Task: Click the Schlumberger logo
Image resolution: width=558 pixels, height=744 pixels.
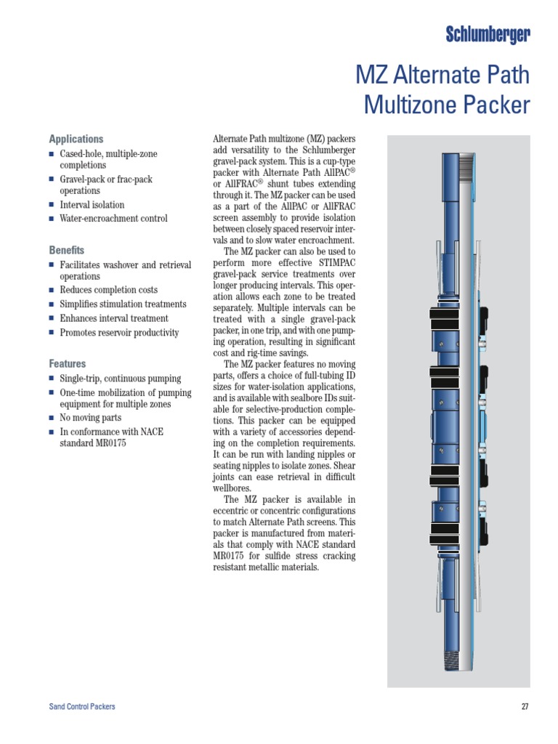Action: click(x=488, y=33)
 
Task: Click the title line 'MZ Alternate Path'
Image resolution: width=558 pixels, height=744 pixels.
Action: click(x=442, y=76)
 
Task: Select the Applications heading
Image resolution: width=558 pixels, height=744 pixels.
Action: click(x=76, y=139)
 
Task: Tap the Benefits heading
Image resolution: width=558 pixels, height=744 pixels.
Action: click(x=67, y=250)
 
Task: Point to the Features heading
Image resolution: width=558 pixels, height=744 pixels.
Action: click(x=68, y=363)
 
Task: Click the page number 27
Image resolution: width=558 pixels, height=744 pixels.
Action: click(x=525, y=706)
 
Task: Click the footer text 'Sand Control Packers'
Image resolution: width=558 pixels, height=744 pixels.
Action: click(x=82, y=706)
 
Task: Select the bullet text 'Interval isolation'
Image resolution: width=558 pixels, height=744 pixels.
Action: click(x=92, y=205)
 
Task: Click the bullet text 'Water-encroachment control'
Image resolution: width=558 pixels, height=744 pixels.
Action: click(x=113, y=219)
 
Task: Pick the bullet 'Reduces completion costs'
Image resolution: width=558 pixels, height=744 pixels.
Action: click(x=108, y=291)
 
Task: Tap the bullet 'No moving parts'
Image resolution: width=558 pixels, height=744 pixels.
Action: click(x=91, y=418)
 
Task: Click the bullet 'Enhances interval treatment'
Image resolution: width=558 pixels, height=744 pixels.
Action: click(x=114, y=318)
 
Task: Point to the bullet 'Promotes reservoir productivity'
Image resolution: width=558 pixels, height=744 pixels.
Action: click(x=119, y=333)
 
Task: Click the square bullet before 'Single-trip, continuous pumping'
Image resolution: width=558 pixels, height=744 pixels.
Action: click(x=52, y=379)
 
